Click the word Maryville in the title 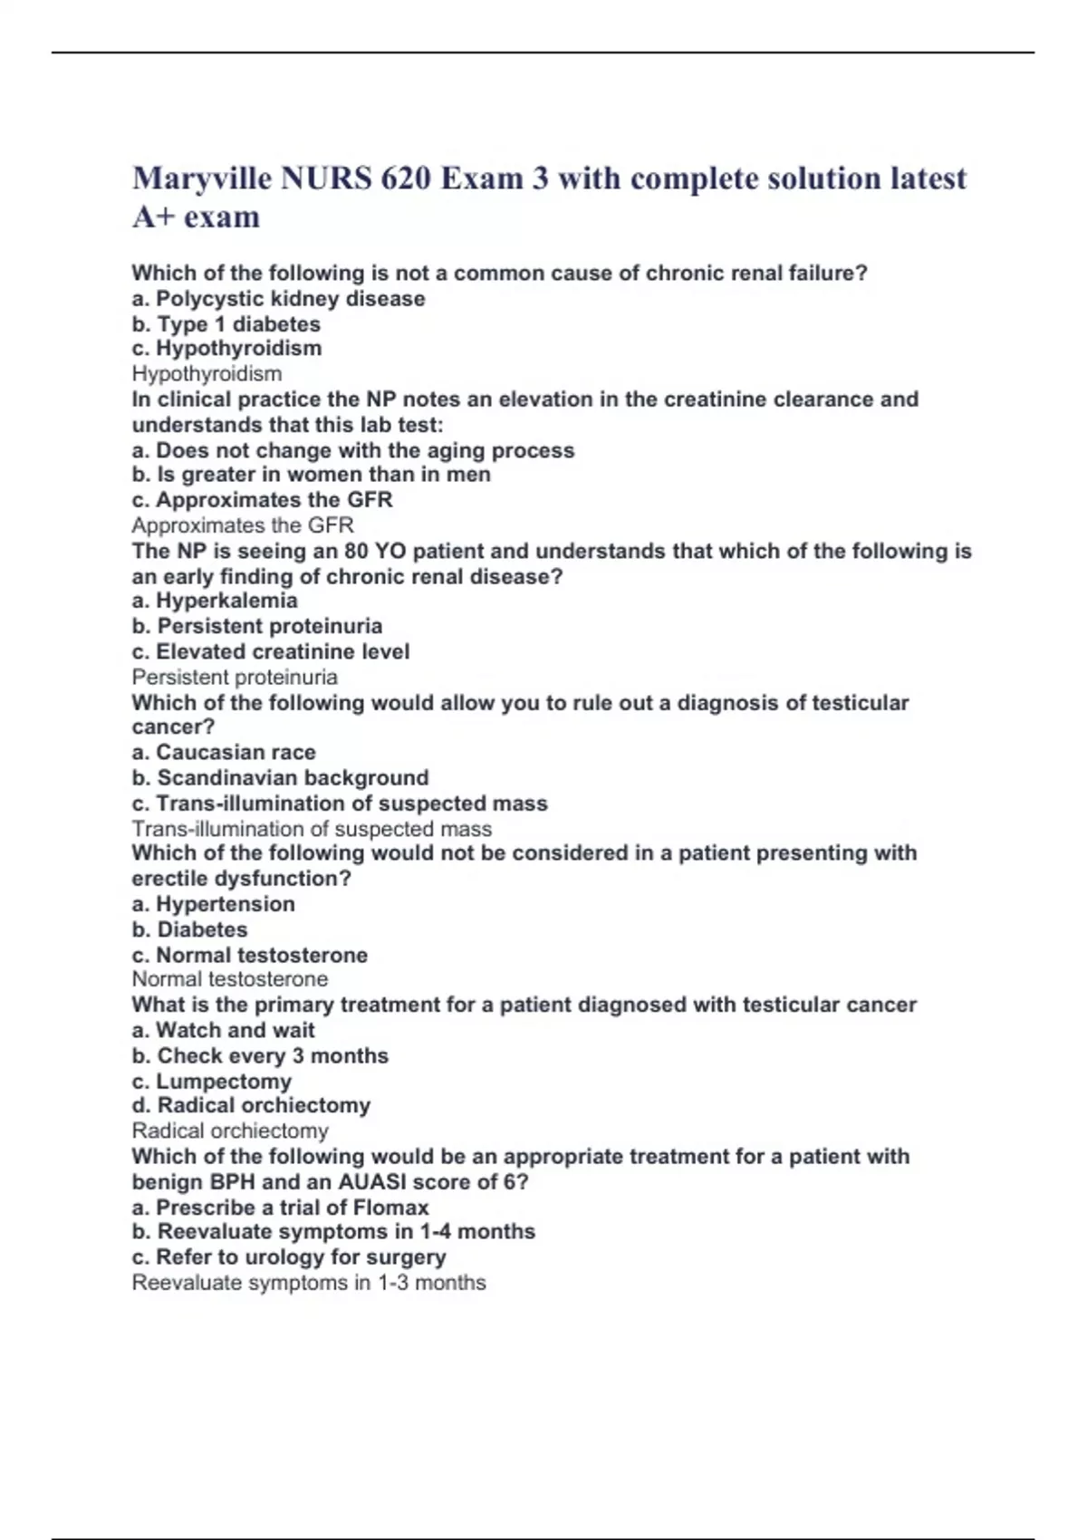201,178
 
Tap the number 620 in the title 405,178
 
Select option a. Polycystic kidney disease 278,299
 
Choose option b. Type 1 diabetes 226,324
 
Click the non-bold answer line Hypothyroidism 207,374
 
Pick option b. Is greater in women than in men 311,475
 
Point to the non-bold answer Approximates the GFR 242,525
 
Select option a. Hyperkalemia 214,601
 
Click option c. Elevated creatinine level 270,651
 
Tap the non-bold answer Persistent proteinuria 235,677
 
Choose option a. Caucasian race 224,752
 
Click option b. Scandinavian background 280,777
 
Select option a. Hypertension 213,904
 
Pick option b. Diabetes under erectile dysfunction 189,929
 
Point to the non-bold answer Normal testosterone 230,979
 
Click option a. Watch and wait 223,1030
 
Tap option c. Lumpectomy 211,1081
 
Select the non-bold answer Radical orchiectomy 230,1131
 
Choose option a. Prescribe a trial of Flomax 280,1208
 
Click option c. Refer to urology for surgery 288,1257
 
